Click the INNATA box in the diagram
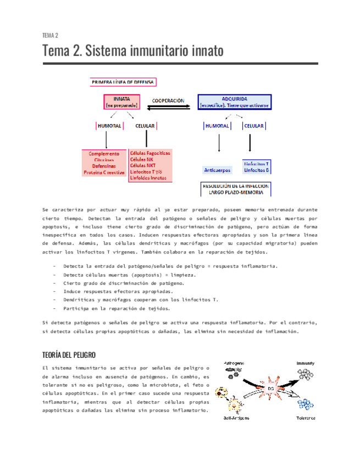pyautogui.click(x=122, y=102)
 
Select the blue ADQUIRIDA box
pyautogui.click(x=242, y=102)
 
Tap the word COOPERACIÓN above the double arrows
pyautogui.click(x=168, y=101)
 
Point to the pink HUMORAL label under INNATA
pyautogui.click(x=110, y=126)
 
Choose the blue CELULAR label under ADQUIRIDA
pyautogui.click(x=254, y=126)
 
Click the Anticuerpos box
pyautogui.click(x=218, y=170)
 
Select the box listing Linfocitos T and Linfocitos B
pyautogui.click(x=256, y=167)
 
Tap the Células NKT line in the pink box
pyautogui.click(x=143, y=165)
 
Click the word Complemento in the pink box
pyautogui.click(x=104, y=154)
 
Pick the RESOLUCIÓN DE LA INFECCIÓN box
pyautogui.click(x=243, y=190)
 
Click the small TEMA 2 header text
pyautogui.click(x=51, y=35)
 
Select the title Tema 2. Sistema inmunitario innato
pyautogui.click(x=133, y=51)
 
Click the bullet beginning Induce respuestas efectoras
pyautogui.click(x=118, y=291)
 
